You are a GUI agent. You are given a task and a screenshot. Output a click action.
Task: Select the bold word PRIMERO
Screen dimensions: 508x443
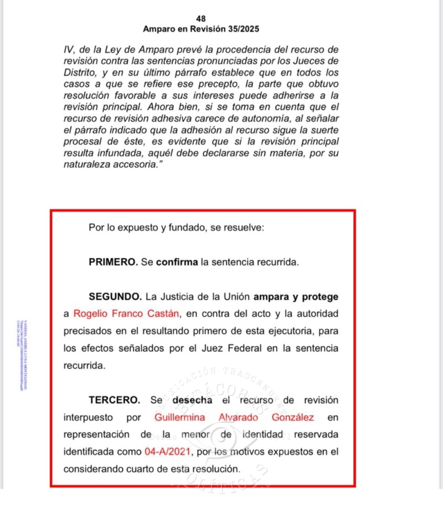tap(113, 262)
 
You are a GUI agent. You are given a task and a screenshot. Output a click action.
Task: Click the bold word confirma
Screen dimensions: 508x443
tap(177, 262)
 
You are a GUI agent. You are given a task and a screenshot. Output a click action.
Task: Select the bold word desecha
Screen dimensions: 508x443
tap(193, 399)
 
